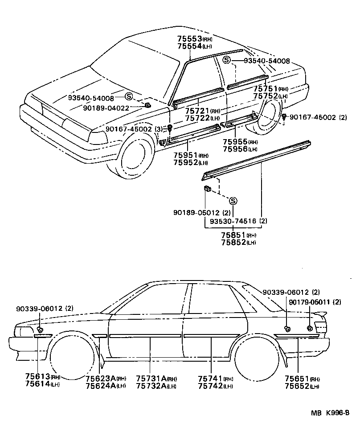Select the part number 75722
pyautogui.click(x=196, y=118)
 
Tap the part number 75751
pyautogui.click(x=266, y=89)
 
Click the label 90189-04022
pyautogui.click(x=106, y=107)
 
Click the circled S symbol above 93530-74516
pyautogui.click(x=233, y=201)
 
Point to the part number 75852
pyautogui.click(x=233, y=242)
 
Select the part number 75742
pyautogui.click(x=210, y=385)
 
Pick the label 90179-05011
pyautogui.click(x=309, y=302)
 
